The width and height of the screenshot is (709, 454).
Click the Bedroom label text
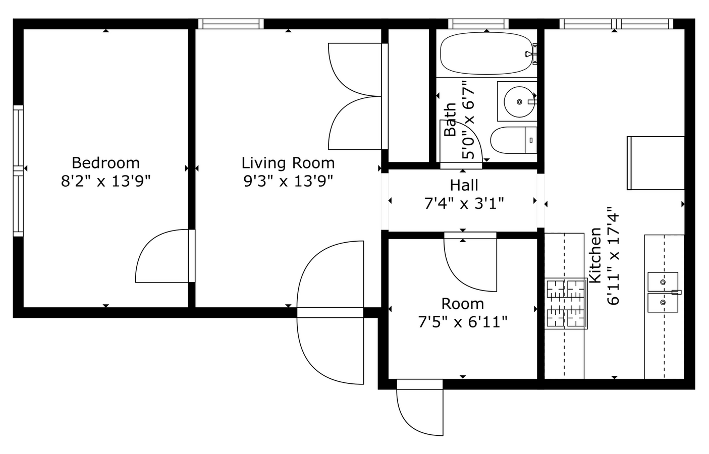pos(105,163)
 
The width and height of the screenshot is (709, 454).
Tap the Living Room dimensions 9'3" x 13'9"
pos(288,181)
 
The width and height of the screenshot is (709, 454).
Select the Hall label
pos(464,185)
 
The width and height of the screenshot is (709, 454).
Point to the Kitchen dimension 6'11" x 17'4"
pos(613,256)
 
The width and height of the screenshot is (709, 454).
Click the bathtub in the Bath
pos(486,53)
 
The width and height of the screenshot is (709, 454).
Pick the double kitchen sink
pos(663,292)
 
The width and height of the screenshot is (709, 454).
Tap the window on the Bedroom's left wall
pos(18,171)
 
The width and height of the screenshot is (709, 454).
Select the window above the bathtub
pos(478,23)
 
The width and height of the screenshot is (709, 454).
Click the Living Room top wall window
pos(231,23)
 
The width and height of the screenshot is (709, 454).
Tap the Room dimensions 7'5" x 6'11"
pos(463,321)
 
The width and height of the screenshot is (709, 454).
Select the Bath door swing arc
pos(461,141)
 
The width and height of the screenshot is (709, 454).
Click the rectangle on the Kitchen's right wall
pos(656,162)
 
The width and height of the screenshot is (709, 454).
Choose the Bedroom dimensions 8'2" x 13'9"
pos(105,181)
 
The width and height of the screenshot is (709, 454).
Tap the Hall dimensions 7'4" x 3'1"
pos(464,203)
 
